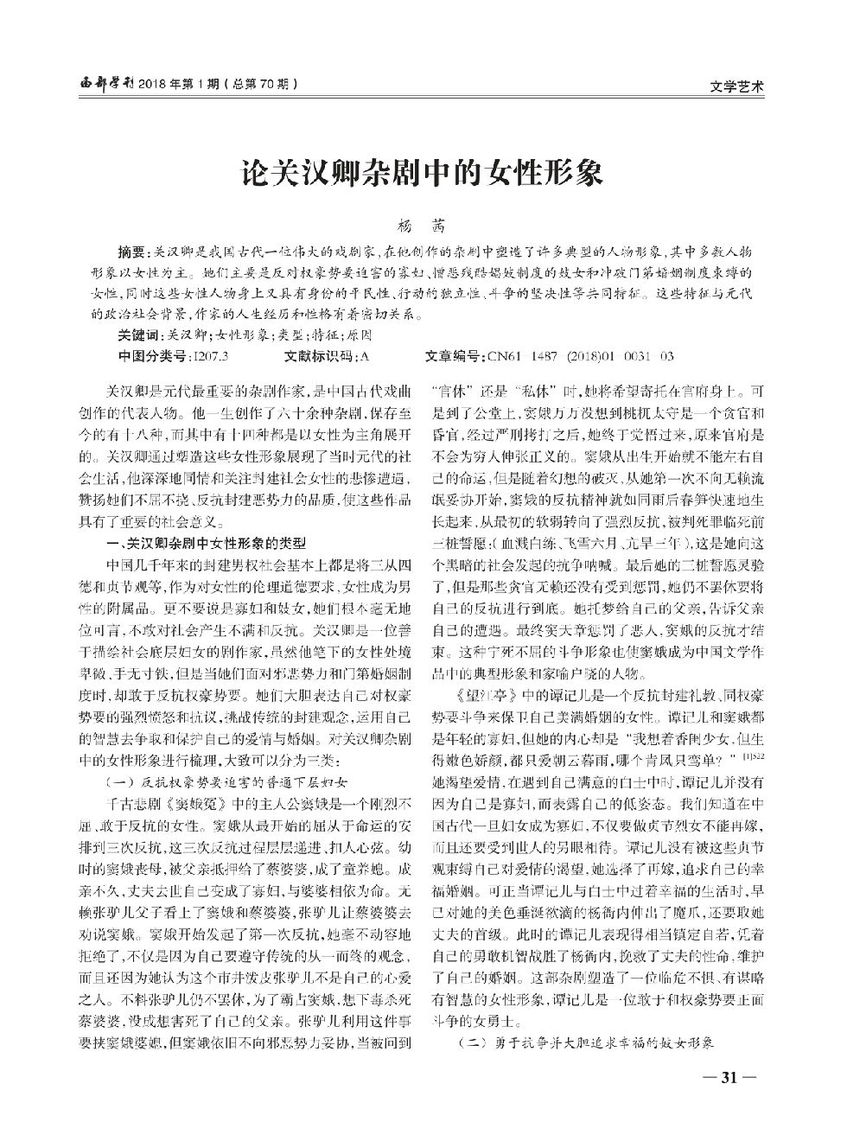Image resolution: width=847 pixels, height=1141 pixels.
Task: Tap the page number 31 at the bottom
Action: coord(729,1077)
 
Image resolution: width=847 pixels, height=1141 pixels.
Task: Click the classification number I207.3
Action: coord(213,356)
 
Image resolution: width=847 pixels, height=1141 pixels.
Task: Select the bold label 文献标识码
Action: coord(318,356)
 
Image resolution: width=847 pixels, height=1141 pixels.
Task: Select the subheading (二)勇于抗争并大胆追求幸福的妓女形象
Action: coord(587,1043)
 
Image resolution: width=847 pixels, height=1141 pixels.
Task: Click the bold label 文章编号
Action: coord(455,356)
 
